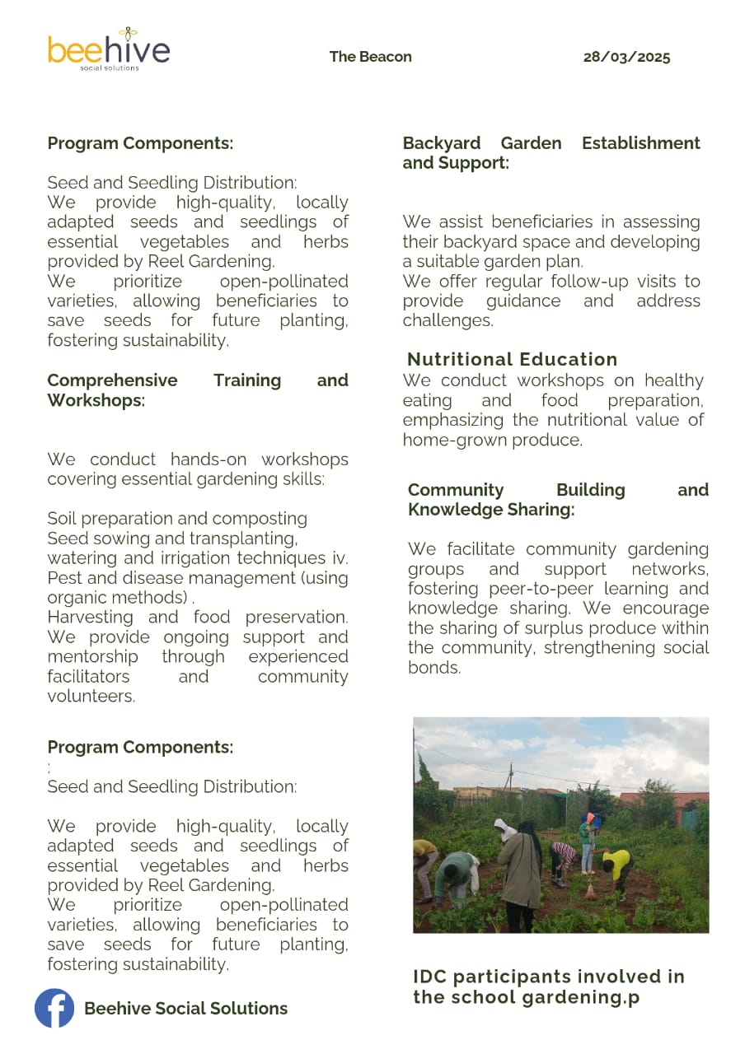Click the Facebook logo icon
coord(54,1008)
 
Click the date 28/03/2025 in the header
coord(626,57)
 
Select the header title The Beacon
coord(370,57)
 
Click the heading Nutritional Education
coord(512,359)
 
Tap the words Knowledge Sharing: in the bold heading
coord(490,510)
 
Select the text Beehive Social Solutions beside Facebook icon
coord(185,1009)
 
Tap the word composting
coord(269,519)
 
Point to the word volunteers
coord(91,697)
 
